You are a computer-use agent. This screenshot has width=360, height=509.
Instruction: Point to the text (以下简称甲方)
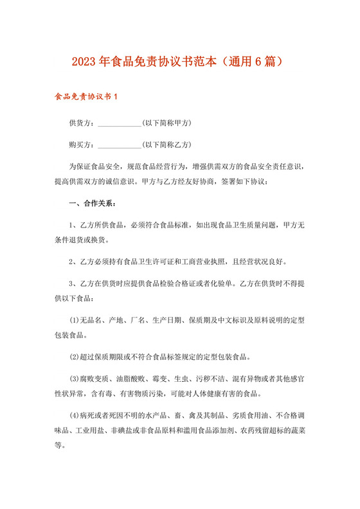pyautogui.click(x=168, y=123)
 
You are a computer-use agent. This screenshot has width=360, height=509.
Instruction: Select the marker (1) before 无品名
pyautogui.click(x=74, y=320)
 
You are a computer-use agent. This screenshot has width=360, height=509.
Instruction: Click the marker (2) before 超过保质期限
pyautogui.click(x=74, y=357)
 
